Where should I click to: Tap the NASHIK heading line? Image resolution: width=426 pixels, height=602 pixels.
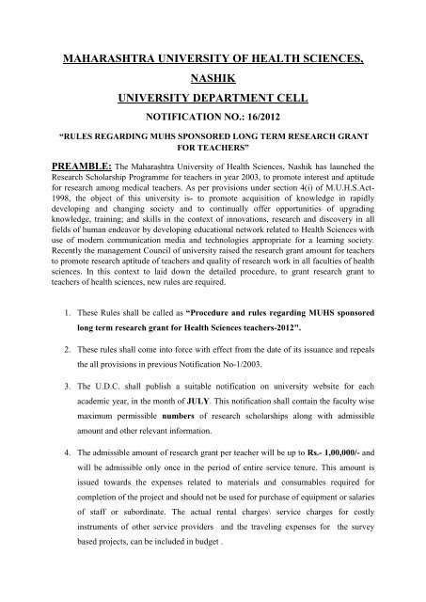[x=213, y=82]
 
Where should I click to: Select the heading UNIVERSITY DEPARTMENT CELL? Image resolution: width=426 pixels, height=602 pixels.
[x=213, y=104]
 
